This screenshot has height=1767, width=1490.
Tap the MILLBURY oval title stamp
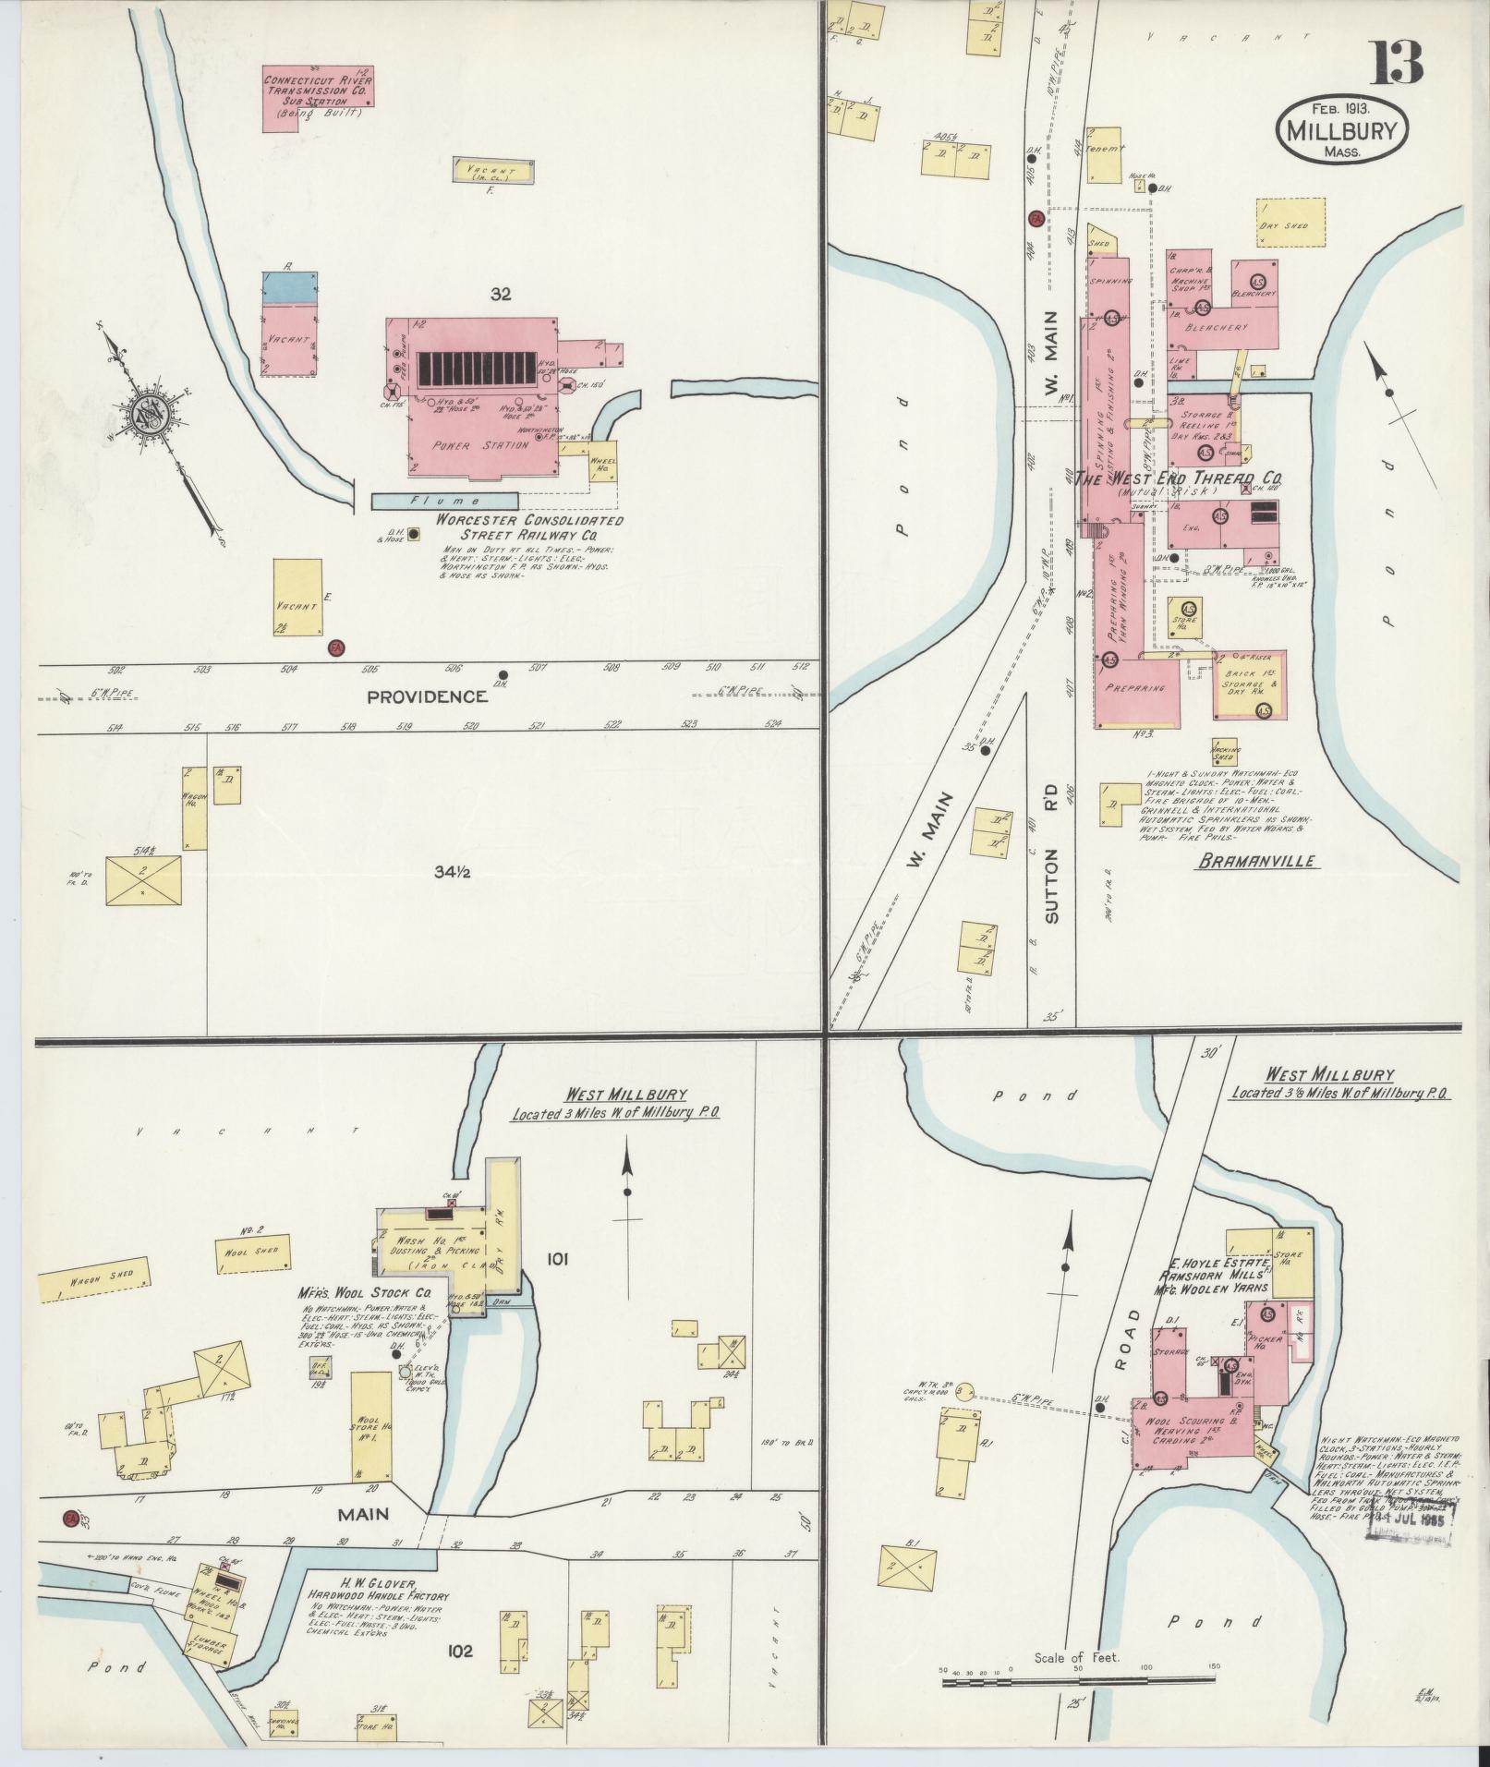[x=1341, y=132]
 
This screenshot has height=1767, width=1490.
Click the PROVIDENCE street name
[x=427, y=696]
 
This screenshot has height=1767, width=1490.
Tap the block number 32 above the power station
[x=502, y=294]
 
